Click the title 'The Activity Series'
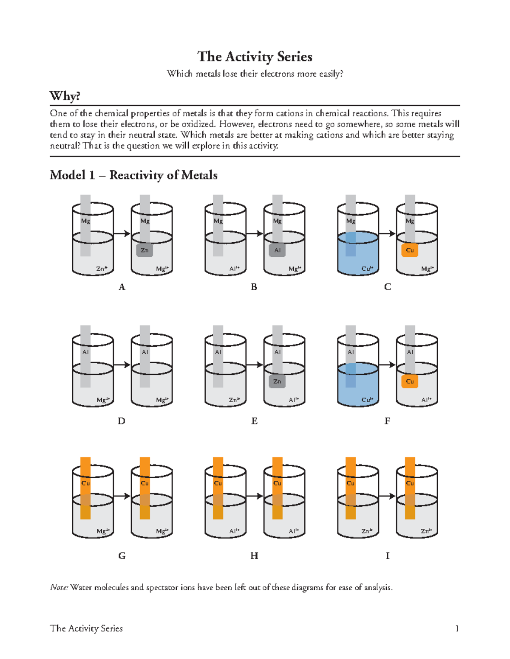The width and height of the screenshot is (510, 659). pyautogui.click(x=255, y=56)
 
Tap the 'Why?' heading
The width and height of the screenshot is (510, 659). pyautogui.click(x=65, y=96)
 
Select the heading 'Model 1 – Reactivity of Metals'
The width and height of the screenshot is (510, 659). pyautogui.click(x=133, y=175)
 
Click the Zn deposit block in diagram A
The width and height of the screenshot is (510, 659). pyautogui.click(x=144, y=250)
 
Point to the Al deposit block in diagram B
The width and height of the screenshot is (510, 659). pyautogui.click(x=277, y=250)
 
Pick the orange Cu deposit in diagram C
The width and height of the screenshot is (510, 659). pyautogui.click(x=410, y=250)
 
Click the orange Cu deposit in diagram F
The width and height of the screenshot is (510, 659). pyautogui.click(x=410, y=381)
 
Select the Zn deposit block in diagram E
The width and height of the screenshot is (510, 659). pyautogui.click(x=277, y=381)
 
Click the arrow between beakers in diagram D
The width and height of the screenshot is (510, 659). pyautogui.click(x=122, y=365)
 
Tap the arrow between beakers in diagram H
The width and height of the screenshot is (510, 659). pyautogui.click(x=255, y=496)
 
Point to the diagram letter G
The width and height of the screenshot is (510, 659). pyautogui.click(x=122, y=556)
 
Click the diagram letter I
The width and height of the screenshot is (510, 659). pyautogui.click(x=387, y=556)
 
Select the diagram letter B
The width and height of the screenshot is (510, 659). pyautogui.click(x=254, y=287)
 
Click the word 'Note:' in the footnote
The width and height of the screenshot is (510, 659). pyautogui.click(x=59, y=588)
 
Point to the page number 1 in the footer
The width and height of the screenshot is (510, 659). pyautogui.click(x=457, y=628)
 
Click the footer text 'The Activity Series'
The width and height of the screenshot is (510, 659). pyautogui.click(x=86, y=628)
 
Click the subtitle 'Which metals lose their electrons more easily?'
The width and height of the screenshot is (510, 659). pyautogui.click(x=255, y=74)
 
